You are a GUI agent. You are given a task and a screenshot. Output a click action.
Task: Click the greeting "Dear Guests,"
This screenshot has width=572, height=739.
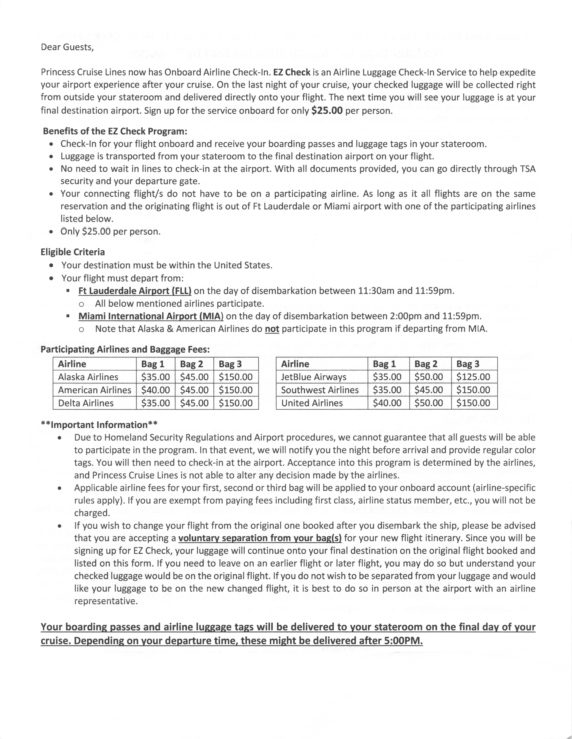click(x=67, y=47)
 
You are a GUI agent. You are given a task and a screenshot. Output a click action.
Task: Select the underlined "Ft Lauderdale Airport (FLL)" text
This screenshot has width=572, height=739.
click(x=135, y=291)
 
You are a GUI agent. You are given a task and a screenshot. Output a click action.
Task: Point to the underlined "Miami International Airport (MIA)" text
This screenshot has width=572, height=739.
click(x=151, y=316)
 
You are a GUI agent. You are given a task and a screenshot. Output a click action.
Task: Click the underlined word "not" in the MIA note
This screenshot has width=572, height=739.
click(x=272, y=329)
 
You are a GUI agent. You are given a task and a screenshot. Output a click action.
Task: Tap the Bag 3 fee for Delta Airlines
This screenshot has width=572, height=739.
click(x=236, y=403)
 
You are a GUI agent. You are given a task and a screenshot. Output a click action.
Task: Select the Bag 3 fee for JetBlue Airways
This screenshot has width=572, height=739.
click(x=473, y=377)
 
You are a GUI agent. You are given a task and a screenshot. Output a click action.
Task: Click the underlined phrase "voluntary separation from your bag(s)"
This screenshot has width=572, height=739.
click(x=260, y=538)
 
